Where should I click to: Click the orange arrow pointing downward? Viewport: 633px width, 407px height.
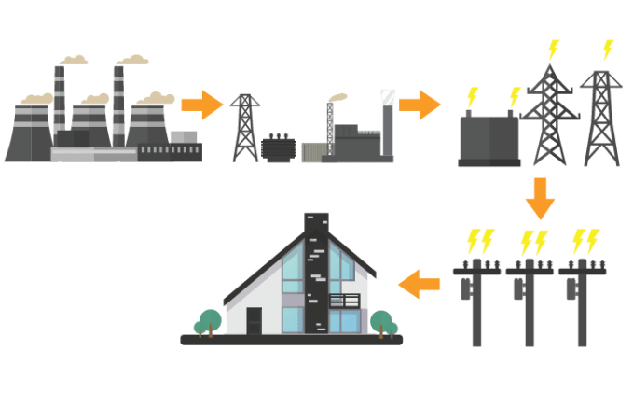pyautogui.click(x=540, y=199)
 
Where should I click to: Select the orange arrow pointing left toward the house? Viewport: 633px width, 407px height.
pyautogui.click(x=420, y=282)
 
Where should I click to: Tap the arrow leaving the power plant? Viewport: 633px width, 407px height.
pyautogui.click(x=200, y=104)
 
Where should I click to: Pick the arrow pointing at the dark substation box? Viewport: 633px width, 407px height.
pyautogui.click(x=420, y=104)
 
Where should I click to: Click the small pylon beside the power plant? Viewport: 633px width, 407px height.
pyautogui.click(x=245, y=128)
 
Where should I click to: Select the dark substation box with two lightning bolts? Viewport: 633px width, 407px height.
pyautogui.click(x=489, y=141)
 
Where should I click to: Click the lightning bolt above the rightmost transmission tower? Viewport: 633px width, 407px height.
pyautogui.click(x=609, y=49)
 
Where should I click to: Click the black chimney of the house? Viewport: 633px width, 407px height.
pyautogui.click(x=315, y=271)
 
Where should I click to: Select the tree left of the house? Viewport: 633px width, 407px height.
pyautogui.click(x=209, y=319)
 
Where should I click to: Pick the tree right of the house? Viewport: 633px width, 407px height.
pyautogui.click(x=381, y=321)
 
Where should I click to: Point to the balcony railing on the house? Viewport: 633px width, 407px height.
pyautogui.click(x=344, y=301)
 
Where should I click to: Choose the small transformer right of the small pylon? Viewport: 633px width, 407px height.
pyautogui.click(x=278, y=148)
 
